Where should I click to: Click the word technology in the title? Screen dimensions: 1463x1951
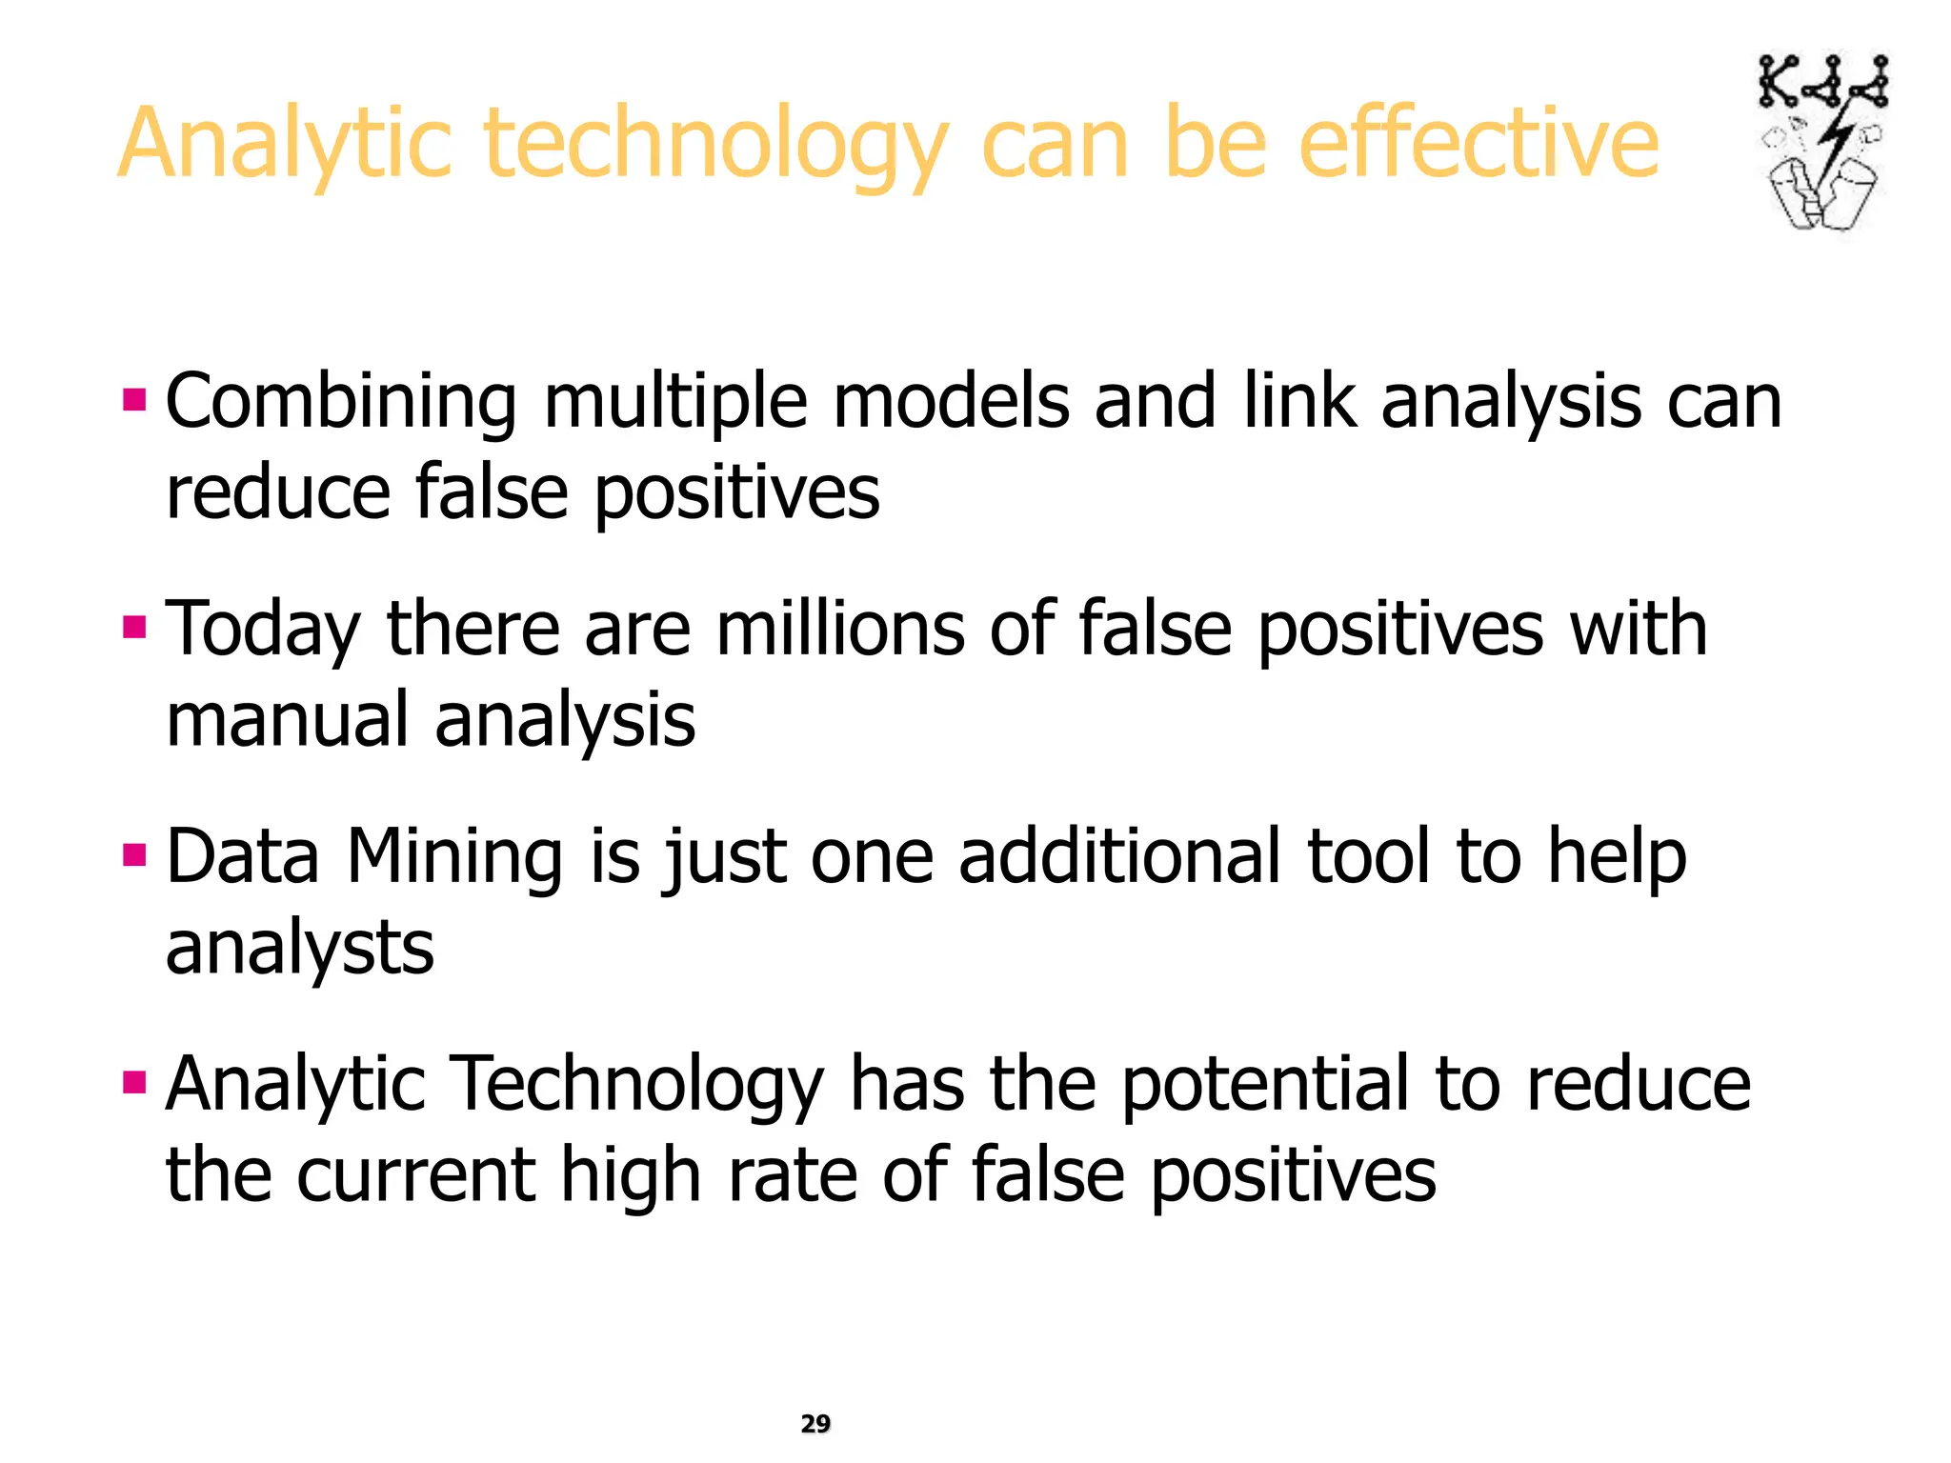tap(715, 145)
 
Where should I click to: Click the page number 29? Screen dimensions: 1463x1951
tap(815, 1423)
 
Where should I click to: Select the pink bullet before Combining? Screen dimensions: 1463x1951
tap(134, 399)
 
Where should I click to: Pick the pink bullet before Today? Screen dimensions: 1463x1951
tap(134, 627)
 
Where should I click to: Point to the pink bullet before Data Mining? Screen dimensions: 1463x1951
tap(134, 854)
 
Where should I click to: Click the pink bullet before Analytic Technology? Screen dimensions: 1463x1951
tap(134, 1082)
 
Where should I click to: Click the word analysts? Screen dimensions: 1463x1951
tap(299, 951)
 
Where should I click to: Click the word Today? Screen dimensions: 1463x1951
tap(263, 631)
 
